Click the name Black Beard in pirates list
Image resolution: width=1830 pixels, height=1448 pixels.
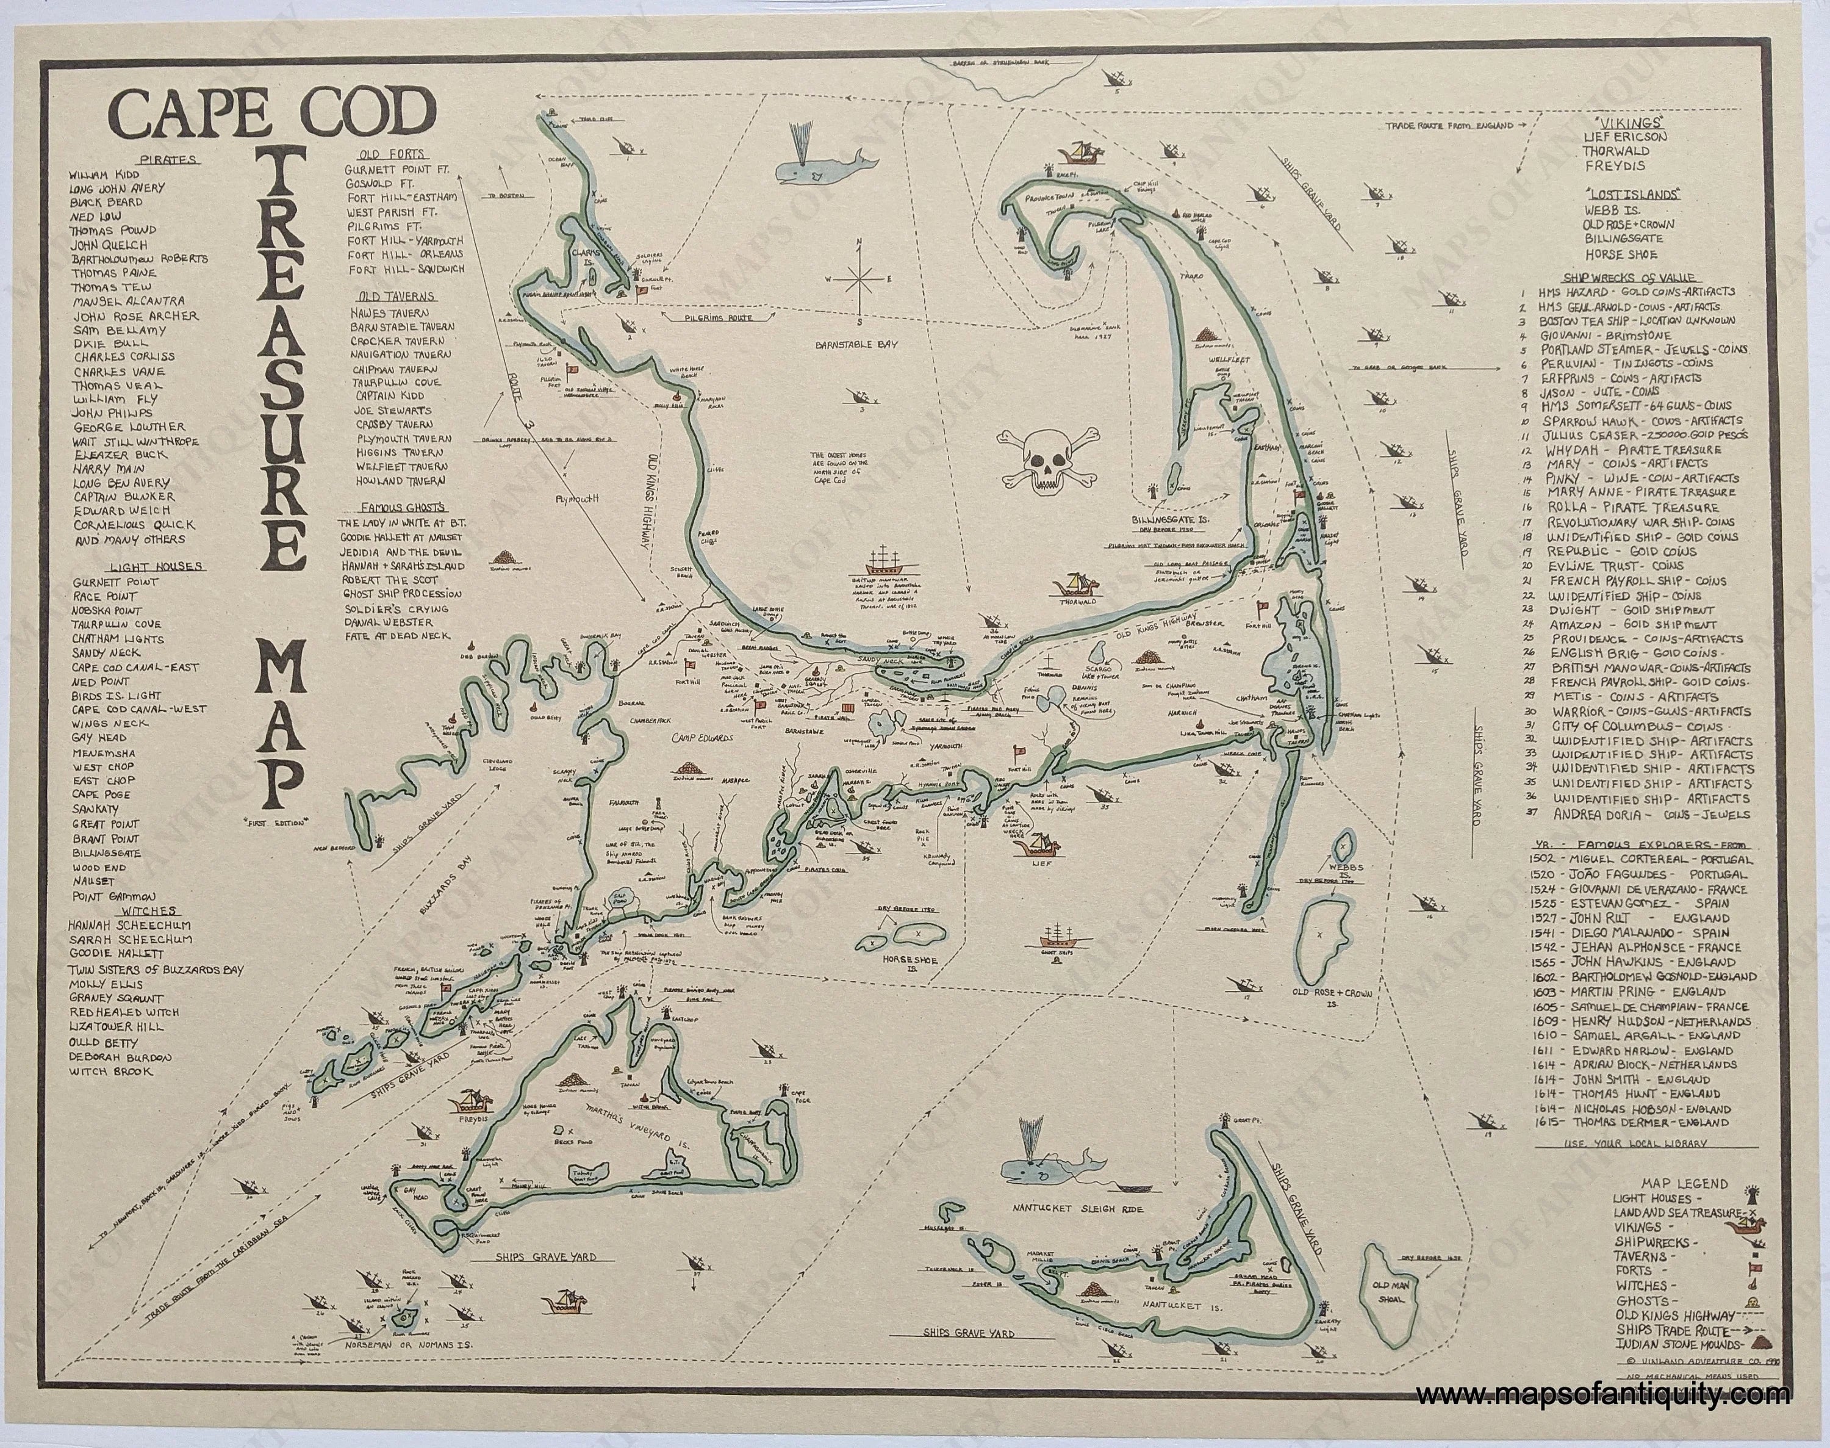[x=106, y=202]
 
